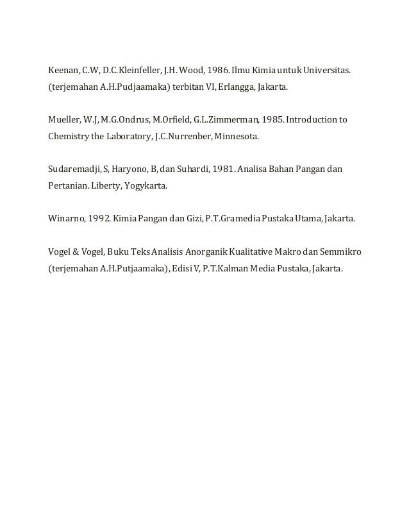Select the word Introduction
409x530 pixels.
click(x=312, y=119)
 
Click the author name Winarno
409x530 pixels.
click(x=65, y=219)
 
